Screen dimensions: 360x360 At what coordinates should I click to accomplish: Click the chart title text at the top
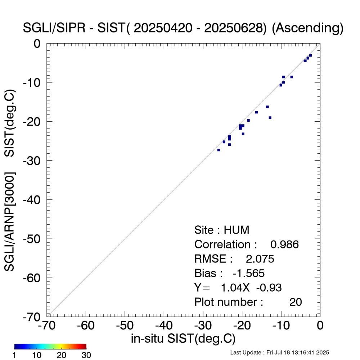point(183,28)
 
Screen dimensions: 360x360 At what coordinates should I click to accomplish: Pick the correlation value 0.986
point(284,245)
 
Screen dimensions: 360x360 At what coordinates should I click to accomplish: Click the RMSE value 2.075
point(260,259)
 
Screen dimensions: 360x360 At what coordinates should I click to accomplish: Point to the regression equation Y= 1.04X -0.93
point(238,287)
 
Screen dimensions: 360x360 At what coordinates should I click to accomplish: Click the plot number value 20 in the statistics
point(296,302)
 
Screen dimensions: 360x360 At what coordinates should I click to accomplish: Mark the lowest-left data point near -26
point(219,150)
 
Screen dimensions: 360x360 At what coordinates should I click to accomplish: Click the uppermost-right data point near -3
point(310,55)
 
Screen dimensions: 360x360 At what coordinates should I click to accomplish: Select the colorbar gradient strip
point(50,346)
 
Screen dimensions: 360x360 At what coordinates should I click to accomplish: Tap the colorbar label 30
point(86,355)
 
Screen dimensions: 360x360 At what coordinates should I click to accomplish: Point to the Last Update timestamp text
point(279,352)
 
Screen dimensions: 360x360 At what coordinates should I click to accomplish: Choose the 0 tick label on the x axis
point(320,325)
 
